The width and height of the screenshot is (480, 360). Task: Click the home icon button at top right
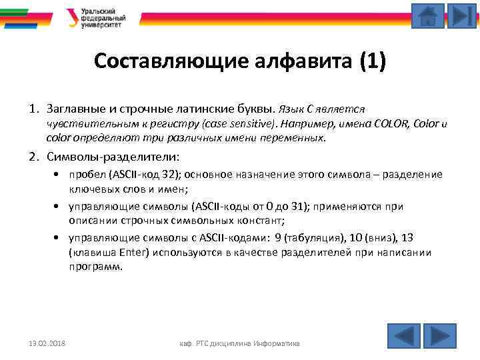[428, 16]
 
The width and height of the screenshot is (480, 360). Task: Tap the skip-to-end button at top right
[461, 16]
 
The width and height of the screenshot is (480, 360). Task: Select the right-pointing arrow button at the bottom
[439, 335]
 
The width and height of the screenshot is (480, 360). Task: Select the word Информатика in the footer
[275, 343]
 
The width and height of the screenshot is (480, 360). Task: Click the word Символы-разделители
[113, 157]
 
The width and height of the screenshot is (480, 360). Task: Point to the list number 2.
[33, 157]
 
